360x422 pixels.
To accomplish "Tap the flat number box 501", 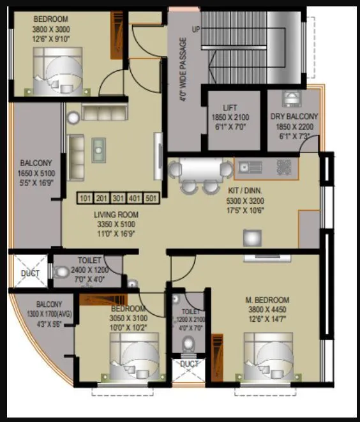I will coord(151,198).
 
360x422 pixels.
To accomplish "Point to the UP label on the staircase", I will coord(195,30).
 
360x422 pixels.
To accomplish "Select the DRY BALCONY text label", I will coord(294,117).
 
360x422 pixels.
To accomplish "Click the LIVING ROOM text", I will coord(116,215).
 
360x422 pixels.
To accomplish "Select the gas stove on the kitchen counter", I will coord(283,167).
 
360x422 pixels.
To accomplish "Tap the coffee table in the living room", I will coord(98,149).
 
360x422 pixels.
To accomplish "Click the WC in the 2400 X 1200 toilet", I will coord(61,272).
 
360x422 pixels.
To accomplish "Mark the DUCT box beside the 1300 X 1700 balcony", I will coord(29,273).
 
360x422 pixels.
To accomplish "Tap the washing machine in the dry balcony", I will coord(290,100).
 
